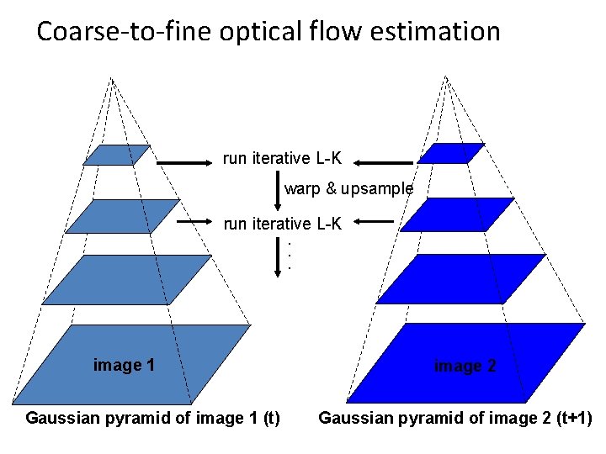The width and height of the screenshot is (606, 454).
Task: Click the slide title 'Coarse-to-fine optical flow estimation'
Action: [x=268, y=32]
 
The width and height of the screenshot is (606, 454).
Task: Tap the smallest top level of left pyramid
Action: [x=117, y=156]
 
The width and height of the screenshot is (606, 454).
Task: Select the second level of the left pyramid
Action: [x=123, y=216]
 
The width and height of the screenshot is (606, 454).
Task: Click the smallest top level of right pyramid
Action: [x=451, y=154]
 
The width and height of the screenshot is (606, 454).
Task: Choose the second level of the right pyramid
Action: [x=458, y=214]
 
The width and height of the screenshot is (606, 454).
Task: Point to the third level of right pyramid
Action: [x=460, y=278]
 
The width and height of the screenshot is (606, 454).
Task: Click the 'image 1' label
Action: [x=124, y=365]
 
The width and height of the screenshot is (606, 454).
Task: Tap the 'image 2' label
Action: [x=465, y=366]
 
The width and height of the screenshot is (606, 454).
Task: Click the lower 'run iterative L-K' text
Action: [x=282, y=224]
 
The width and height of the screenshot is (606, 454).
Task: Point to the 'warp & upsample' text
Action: [x=348, y=189]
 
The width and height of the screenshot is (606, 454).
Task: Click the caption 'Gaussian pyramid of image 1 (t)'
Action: [x=153, y=418]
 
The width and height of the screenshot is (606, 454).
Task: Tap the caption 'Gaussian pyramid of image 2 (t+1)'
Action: [x=455, y=418]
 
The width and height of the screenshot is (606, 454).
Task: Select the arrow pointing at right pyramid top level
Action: [x=383, y=162]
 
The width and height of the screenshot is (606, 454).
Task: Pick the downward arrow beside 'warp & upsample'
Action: [x=279, y=190]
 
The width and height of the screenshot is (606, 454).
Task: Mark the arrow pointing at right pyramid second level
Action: [x=374, y=223]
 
